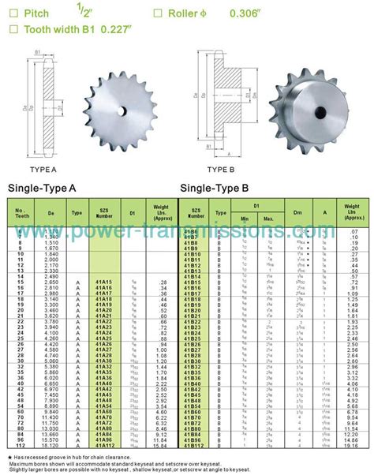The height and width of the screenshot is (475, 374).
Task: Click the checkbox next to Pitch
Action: tap(12, 13)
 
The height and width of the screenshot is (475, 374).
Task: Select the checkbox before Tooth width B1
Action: tap(12, 30)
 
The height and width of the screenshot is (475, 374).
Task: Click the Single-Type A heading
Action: tap(42, 189)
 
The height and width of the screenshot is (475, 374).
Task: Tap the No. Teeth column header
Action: tap(20, 212)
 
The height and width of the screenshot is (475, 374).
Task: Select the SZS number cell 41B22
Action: tap(191, 322)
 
